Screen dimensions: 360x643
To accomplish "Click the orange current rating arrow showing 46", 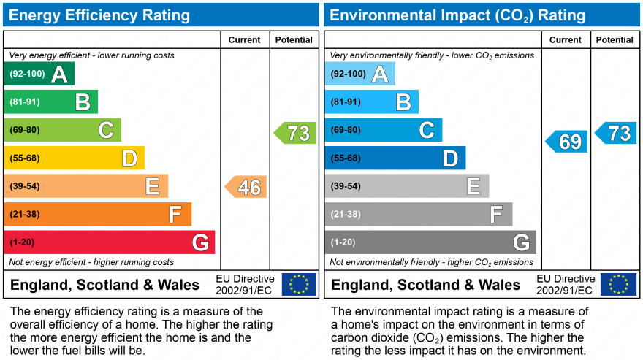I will [246, 187].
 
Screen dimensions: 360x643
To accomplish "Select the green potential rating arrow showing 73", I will [295, 133].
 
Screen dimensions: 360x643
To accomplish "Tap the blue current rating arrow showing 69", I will [566, 142].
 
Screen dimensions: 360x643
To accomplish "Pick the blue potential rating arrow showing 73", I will [615, 133].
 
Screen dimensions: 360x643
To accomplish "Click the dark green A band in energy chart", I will [39, 74].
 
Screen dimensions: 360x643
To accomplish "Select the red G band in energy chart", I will [110, 242].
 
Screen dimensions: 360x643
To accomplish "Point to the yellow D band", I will [75, 158].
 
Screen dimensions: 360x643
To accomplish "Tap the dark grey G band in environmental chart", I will [430, 242].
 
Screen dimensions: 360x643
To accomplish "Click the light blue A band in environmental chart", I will [359, 74].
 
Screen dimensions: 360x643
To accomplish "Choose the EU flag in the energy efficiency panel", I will [299, 284].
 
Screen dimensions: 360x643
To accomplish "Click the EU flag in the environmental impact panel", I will [618, 284].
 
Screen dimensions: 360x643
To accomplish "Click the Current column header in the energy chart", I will [245, 40].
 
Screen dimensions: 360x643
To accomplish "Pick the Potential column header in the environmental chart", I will [615, 40].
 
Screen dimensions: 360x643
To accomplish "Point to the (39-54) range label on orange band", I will [24, 186].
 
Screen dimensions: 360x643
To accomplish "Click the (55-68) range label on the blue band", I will [345, 158].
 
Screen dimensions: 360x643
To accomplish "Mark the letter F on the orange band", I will [175, 215].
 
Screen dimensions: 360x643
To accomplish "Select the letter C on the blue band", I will [426, 130].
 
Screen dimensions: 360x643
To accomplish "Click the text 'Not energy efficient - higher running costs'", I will [91, 262].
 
